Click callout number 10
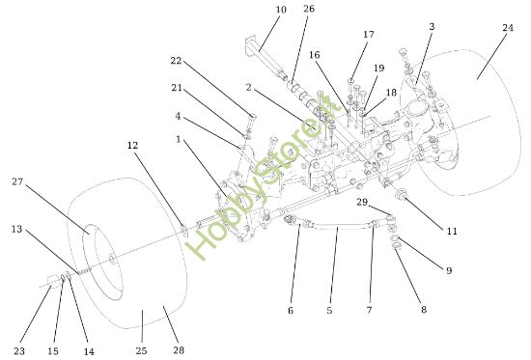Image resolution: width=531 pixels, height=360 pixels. tap(254, 11)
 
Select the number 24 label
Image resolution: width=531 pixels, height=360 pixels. tap(432, 27)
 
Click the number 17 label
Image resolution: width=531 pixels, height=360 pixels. tap(368, 35)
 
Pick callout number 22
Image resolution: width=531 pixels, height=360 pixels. tap(176, 60)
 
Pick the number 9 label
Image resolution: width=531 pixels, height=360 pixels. tap(448, 270)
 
